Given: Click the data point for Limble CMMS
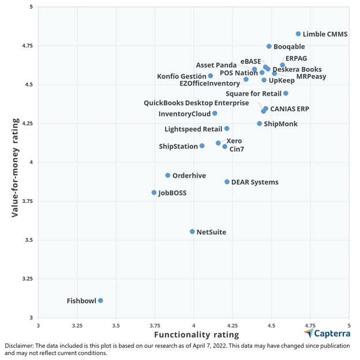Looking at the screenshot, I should [x=298, y=34].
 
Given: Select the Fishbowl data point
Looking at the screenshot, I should [x=100, y=301].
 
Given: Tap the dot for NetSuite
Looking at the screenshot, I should [x=192, y=232].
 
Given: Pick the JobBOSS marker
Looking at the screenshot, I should [x=154, y=193].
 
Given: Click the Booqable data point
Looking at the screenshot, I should [x=269, y=46].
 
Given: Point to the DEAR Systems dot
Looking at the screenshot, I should [x=227, y=182].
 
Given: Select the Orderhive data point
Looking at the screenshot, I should [x=168, y=175].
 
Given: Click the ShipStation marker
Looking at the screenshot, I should [x=202, y=146].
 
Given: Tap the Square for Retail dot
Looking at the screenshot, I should [x=286, y=93].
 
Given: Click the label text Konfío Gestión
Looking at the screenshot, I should [x=181, y=76].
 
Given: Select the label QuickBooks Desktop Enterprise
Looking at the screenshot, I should [x=196, y=103].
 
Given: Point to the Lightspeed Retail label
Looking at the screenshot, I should [x=193, y=129].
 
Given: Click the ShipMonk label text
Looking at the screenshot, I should [x=280, y=124].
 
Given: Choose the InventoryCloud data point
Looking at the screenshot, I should [x=215, y=114].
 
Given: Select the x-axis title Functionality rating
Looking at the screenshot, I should [x=196, y=335].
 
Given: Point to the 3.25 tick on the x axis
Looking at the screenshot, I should [x=77, y=325].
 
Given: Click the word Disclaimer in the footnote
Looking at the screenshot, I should [x=20, y=346].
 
